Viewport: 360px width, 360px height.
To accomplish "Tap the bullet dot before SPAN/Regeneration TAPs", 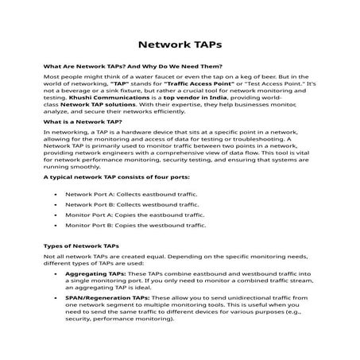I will click(55, 300).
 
